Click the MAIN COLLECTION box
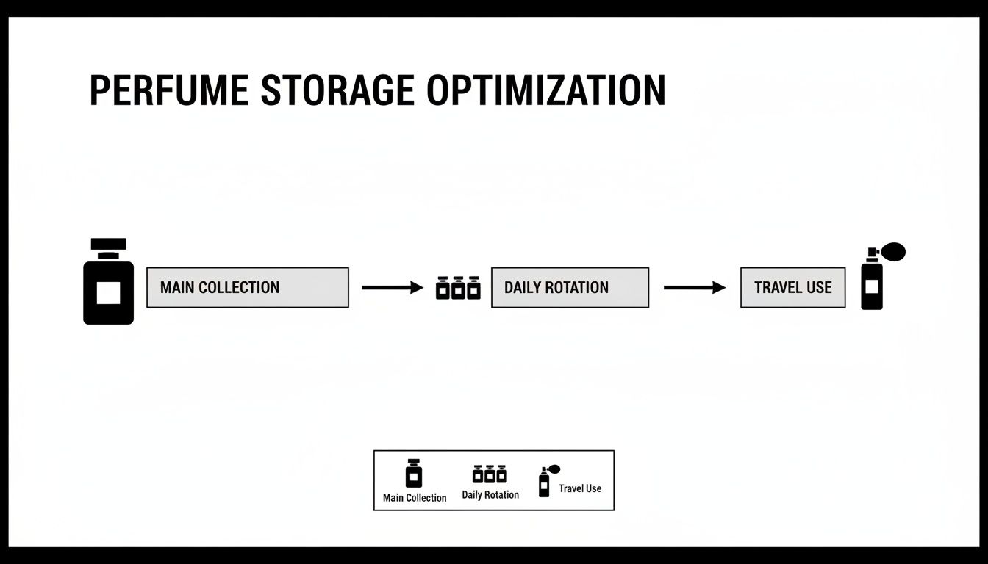click(x=247, y=287)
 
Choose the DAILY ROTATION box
click(x=570, y=287)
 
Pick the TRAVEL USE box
click(x=792, y=287)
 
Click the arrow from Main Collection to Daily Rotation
click(x=393, y=287)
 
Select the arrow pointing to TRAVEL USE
click(x=694, y=287)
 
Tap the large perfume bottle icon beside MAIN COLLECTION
click(x=108, y=282)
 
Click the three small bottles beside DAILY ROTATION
click(x=458, y=288)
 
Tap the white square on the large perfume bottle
click(x=108, y=293)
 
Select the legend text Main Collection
click(x=415, y=498)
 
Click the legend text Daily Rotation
click(x=490, y=495)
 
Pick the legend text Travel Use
click(x=580, y=488)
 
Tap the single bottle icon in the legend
click(x=415, y=474)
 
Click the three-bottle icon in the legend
click(x=490, y=474)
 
